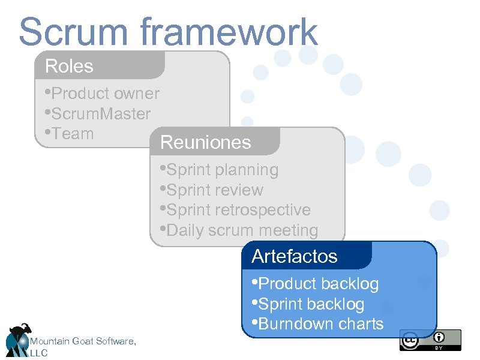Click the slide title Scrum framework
(x=168, y=32)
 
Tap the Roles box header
(x=70, y=66)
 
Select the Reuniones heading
(x=206, y=142)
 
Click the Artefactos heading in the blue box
(x=295, y=256)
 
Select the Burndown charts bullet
(x=320, y=324)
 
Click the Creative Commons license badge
(x=430, y=340)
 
